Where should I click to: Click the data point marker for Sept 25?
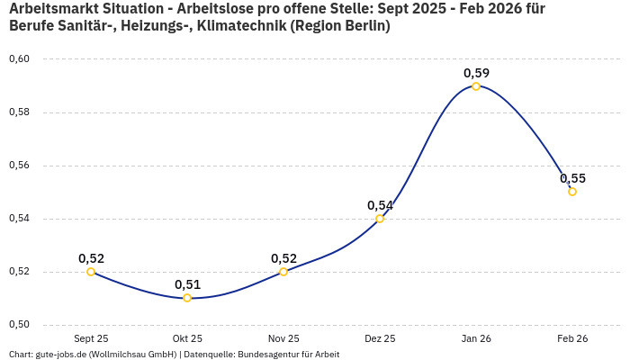91,272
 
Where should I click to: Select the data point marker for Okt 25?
187,298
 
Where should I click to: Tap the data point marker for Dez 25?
380,219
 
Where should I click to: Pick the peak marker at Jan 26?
476,86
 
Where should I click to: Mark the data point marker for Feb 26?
572,192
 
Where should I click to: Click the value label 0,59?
476,72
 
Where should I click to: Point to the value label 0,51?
187,284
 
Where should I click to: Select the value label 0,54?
380,205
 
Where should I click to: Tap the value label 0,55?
572,178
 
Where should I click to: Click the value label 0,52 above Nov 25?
283,258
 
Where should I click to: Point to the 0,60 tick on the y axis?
19,59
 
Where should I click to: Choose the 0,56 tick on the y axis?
19,166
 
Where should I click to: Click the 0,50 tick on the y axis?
19,325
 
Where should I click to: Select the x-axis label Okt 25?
187,338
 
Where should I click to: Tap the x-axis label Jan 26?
476,338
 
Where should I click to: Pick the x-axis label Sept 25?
91,338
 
